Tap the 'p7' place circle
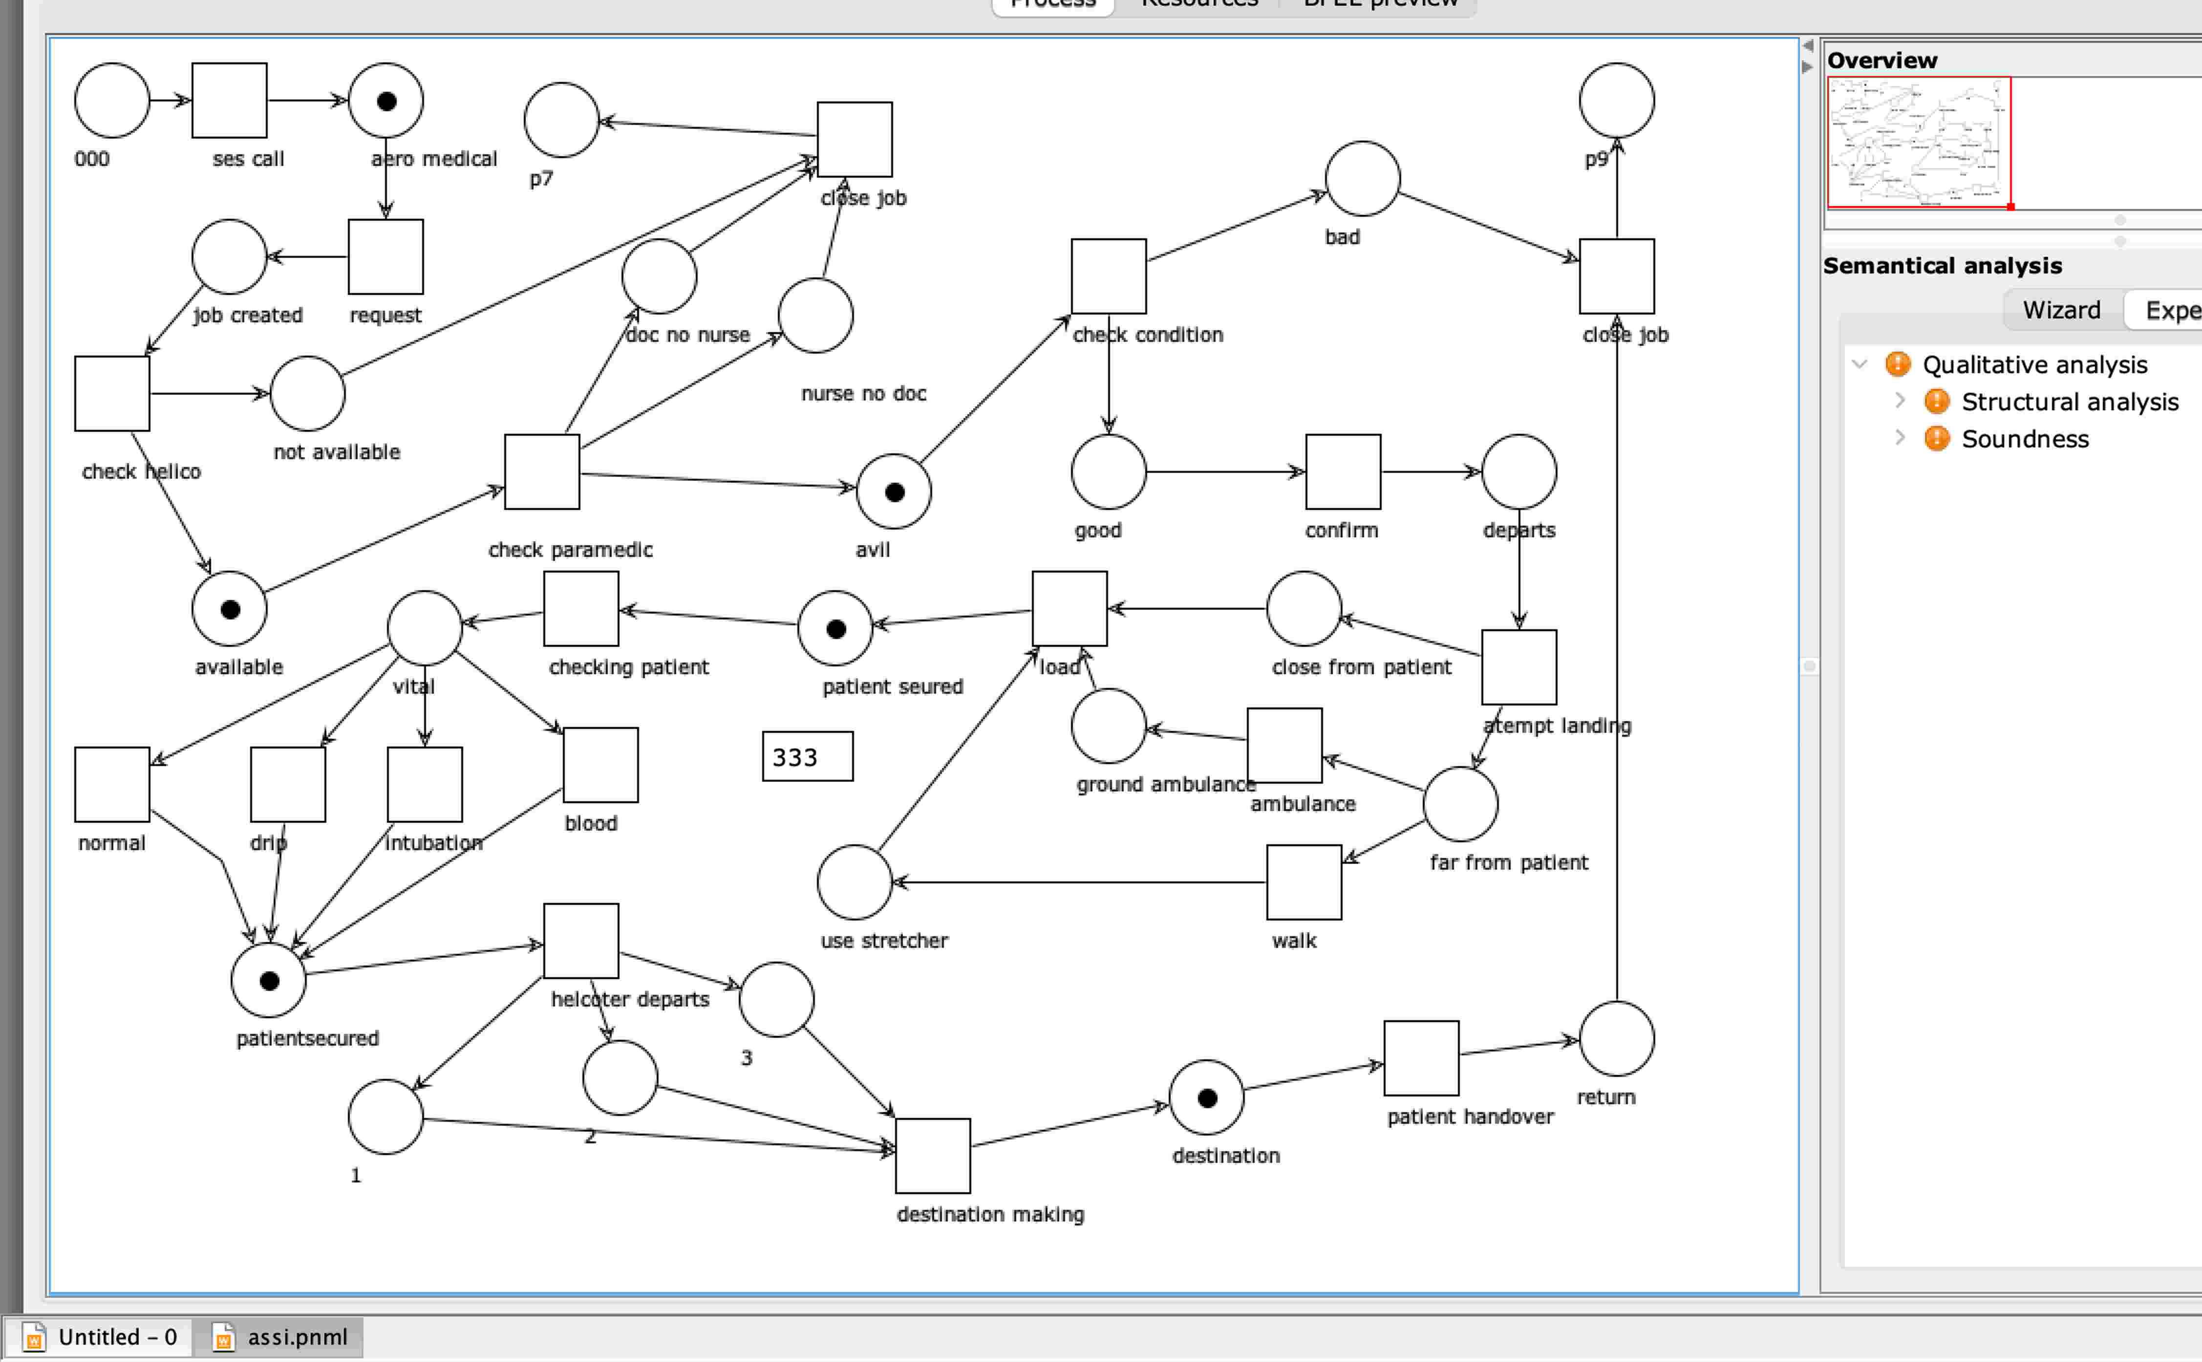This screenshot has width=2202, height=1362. pyautogui.click(x=561, y=120)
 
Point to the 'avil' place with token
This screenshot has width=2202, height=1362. pyautogui.click(x=894, y=492)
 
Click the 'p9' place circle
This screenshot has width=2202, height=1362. pyautogui.click(x=1617, y=100)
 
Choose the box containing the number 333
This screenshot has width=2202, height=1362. pyautogui.click(x=807, y=757)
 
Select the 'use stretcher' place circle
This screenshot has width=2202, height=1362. pyautogui.click(x=854, y=882)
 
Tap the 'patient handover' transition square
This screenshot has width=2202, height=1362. pyautogui.click(x=1421, y=1058)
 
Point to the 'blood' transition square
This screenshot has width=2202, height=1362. pyautogui.click(x=601, y=765)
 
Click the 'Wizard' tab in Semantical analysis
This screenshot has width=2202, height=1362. pyautogui.click(x=2061, y=310)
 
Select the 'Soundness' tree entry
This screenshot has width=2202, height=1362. pyautogui.click(x=2025, y=439)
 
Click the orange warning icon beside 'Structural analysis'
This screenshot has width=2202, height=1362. pyautogui.click(x=1936, y=402)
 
